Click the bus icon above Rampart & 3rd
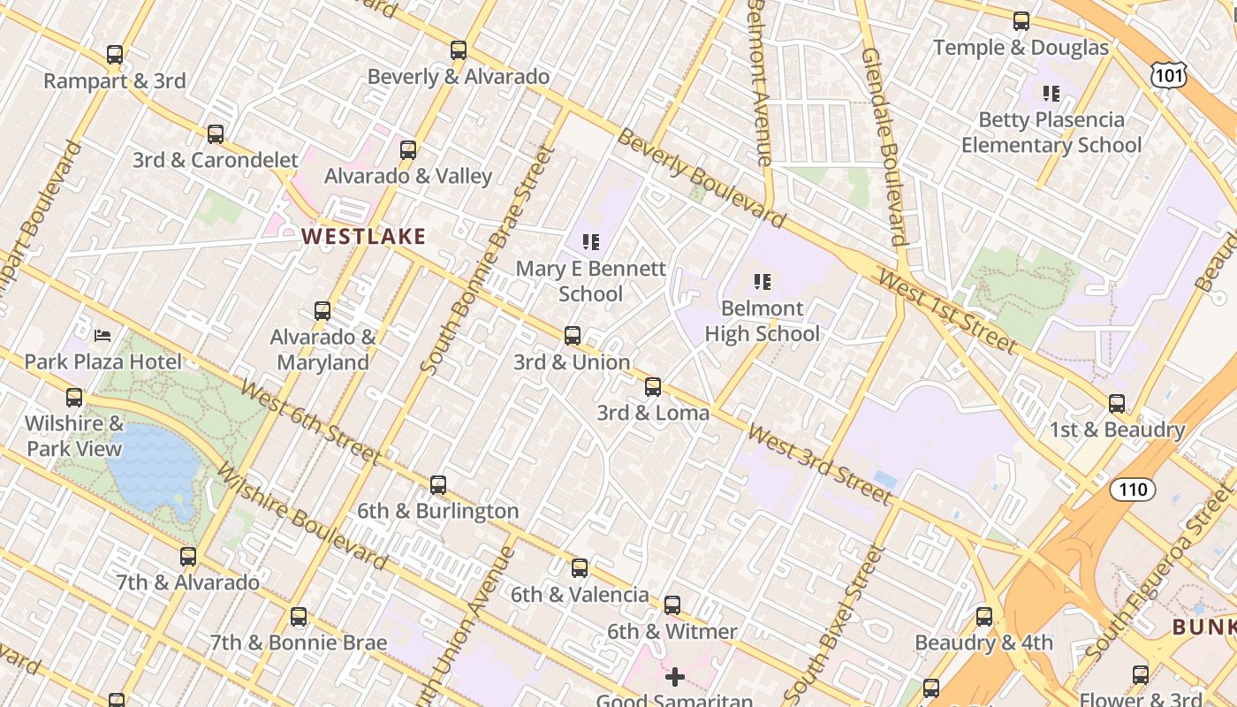[x=115, y=55]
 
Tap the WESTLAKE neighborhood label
[x=364, y=237]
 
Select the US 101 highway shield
[x=1169, y=76]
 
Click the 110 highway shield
[x=1132, y=490]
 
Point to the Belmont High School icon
[x=763, y=282]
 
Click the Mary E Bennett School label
[x=590, y=281]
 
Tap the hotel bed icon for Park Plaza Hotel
[x=102, y=336]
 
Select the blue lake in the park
[x=155, y=464]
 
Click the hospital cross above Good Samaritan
[x=675, y=677]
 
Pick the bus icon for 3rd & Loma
[x=653, y=387]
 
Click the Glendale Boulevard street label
[x=884, y=146]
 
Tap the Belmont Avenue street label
[x=761, y=84]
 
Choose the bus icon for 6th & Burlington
[x=438, y=485]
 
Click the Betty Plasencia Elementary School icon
[x=1051, y=93]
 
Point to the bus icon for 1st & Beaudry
[x=1117, y=404]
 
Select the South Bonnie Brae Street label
[x=488, y=261]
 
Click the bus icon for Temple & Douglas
[x=1021, y=21]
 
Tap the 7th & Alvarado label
[x=188, y=582]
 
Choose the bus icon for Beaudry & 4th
[x=984, y=617]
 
